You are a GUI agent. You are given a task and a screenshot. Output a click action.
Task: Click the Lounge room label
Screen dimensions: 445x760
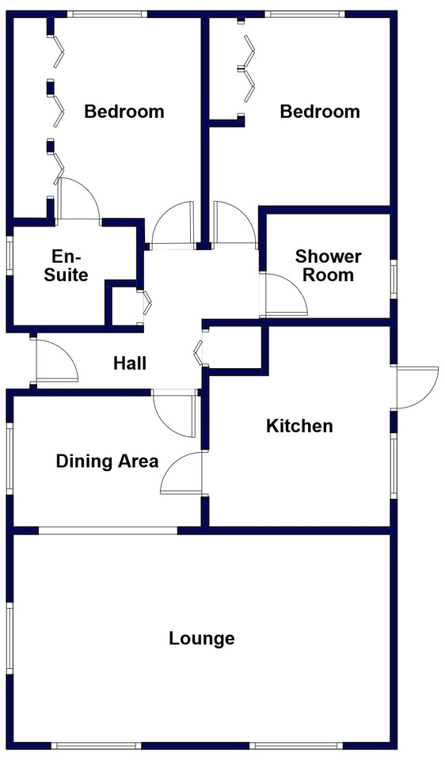[202, 638]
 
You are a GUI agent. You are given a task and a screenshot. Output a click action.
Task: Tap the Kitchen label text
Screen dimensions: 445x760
[299, 426]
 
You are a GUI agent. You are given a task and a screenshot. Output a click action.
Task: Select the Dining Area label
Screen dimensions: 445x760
[107, 461]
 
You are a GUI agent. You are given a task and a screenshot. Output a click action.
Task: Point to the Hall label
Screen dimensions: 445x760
[130, 363]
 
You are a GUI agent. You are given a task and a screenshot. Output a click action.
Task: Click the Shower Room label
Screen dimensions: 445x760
[328, 266]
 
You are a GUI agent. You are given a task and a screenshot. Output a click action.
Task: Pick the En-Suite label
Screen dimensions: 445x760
[67, 266]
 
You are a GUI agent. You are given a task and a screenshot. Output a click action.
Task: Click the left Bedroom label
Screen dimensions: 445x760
[124, 112]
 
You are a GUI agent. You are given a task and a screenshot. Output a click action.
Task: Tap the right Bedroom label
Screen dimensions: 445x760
[320, 112]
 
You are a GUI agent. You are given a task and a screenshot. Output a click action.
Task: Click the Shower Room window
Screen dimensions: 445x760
[394, 279]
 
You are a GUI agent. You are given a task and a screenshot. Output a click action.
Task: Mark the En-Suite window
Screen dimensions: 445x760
[10, 256]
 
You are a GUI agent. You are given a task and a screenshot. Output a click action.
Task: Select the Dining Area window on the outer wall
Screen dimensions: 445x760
[10, 459]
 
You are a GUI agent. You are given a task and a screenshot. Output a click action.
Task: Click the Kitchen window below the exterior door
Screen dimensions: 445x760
[394, 465]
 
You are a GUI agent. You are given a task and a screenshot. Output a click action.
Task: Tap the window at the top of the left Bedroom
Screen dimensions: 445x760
[107, 14]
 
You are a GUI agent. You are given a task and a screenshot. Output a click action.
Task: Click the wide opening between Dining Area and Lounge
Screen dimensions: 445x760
[108, 530]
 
